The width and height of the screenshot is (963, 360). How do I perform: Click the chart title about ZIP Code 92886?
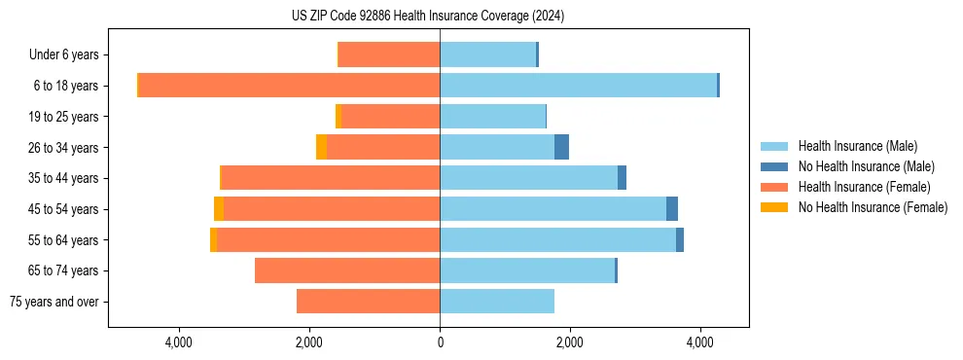click(x=427, y=16)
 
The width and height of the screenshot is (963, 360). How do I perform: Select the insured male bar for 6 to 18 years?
click(x=578, y=86)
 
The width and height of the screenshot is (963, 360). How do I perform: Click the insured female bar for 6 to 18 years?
click(x=290, y=86)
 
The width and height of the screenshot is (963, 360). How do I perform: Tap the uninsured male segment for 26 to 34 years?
click(x=561, y=147)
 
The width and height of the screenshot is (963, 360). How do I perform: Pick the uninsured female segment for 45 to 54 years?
click(x=219, y=209)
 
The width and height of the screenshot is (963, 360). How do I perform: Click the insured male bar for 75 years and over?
click(x=497, y=302)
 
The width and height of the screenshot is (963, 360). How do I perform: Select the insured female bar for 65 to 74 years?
click(x=347, y=270)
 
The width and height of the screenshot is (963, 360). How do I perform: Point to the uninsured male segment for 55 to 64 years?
click(x=680, y=240)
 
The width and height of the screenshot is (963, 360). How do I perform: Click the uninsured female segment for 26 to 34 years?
click(x=321, y=147)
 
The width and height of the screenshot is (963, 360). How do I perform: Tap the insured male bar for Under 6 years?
click(x=487, y=54)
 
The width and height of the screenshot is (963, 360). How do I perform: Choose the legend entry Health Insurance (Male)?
click(x=857, y=146)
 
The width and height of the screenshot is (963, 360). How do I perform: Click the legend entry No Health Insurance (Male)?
click(x=866, y=166)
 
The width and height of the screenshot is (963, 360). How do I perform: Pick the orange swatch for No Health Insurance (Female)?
click(x=775, y=207)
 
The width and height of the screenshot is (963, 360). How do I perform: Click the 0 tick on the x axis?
click(x=440, y=342)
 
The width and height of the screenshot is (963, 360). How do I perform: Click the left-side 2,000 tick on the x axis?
click(x=309, y=342)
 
